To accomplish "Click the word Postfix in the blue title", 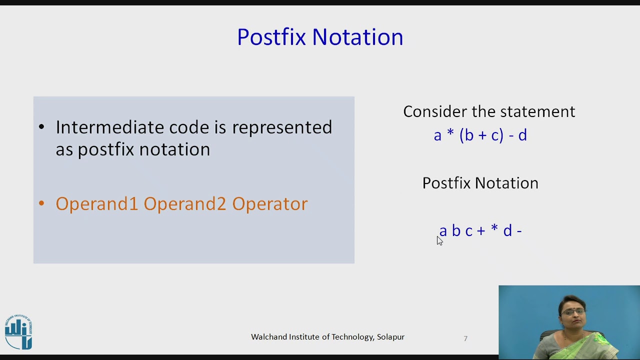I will [270, 37].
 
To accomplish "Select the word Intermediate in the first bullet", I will [109, 127].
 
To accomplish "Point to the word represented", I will [282, 128].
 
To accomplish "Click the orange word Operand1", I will [96, 204].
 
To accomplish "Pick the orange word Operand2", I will [185, 204].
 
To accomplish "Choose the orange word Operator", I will [270, 204].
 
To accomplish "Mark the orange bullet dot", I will [41, 203].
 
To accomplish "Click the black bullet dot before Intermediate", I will [41, 127].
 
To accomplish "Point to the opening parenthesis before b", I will [461, 135].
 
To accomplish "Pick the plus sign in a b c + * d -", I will [481, 230].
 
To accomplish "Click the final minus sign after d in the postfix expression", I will [519, 231].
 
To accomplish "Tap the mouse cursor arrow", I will [439, 240].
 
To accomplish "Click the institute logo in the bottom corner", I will [18, 331].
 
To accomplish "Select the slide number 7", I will [465, 338].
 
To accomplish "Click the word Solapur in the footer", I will [390, 337].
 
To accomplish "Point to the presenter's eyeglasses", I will [572, 312].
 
